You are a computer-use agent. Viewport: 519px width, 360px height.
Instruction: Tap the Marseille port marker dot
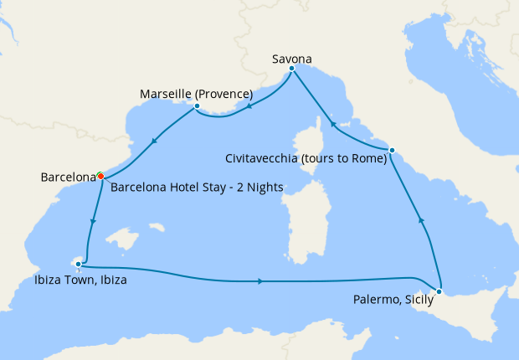[x=196, y=106]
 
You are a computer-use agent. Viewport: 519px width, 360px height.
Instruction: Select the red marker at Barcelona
[x=100, y=176]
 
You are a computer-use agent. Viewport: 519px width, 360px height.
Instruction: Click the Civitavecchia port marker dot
[x=392, y=151]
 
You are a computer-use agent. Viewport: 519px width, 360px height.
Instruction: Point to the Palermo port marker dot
[x=440, y=292]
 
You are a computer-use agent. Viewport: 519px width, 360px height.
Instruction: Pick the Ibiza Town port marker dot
[x=79, y=265]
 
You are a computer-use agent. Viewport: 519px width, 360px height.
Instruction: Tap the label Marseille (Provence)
[x=196, y=93]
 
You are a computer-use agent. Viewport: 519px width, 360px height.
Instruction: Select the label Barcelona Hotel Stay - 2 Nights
[x=197, y=187]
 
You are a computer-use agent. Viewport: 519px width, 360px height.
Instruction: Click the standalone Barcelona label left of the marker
[x=67, y=177]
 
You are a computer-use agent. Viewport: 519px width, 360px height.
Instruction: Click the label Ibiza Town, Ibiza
[x=80, y=280]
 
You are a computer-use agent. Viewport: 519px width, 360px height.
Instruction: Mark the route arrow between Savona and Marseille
[x=249, y=107]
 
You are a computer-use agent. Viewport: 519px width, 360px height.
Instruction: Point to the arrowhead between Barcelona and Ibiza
[x=92, y=222]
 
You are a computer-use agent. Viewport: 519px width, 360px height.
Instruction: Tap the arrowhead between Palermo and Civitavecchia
[x=421, y=220]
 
